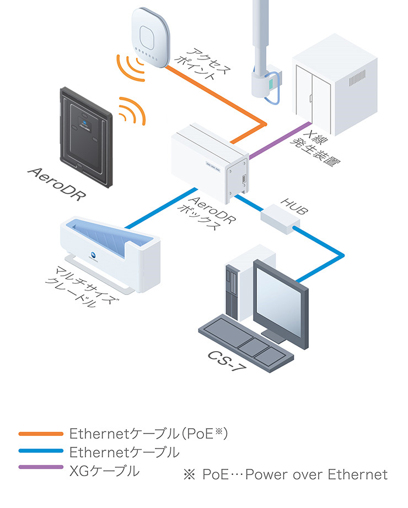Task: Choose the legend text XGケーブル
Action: [105, 471]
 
